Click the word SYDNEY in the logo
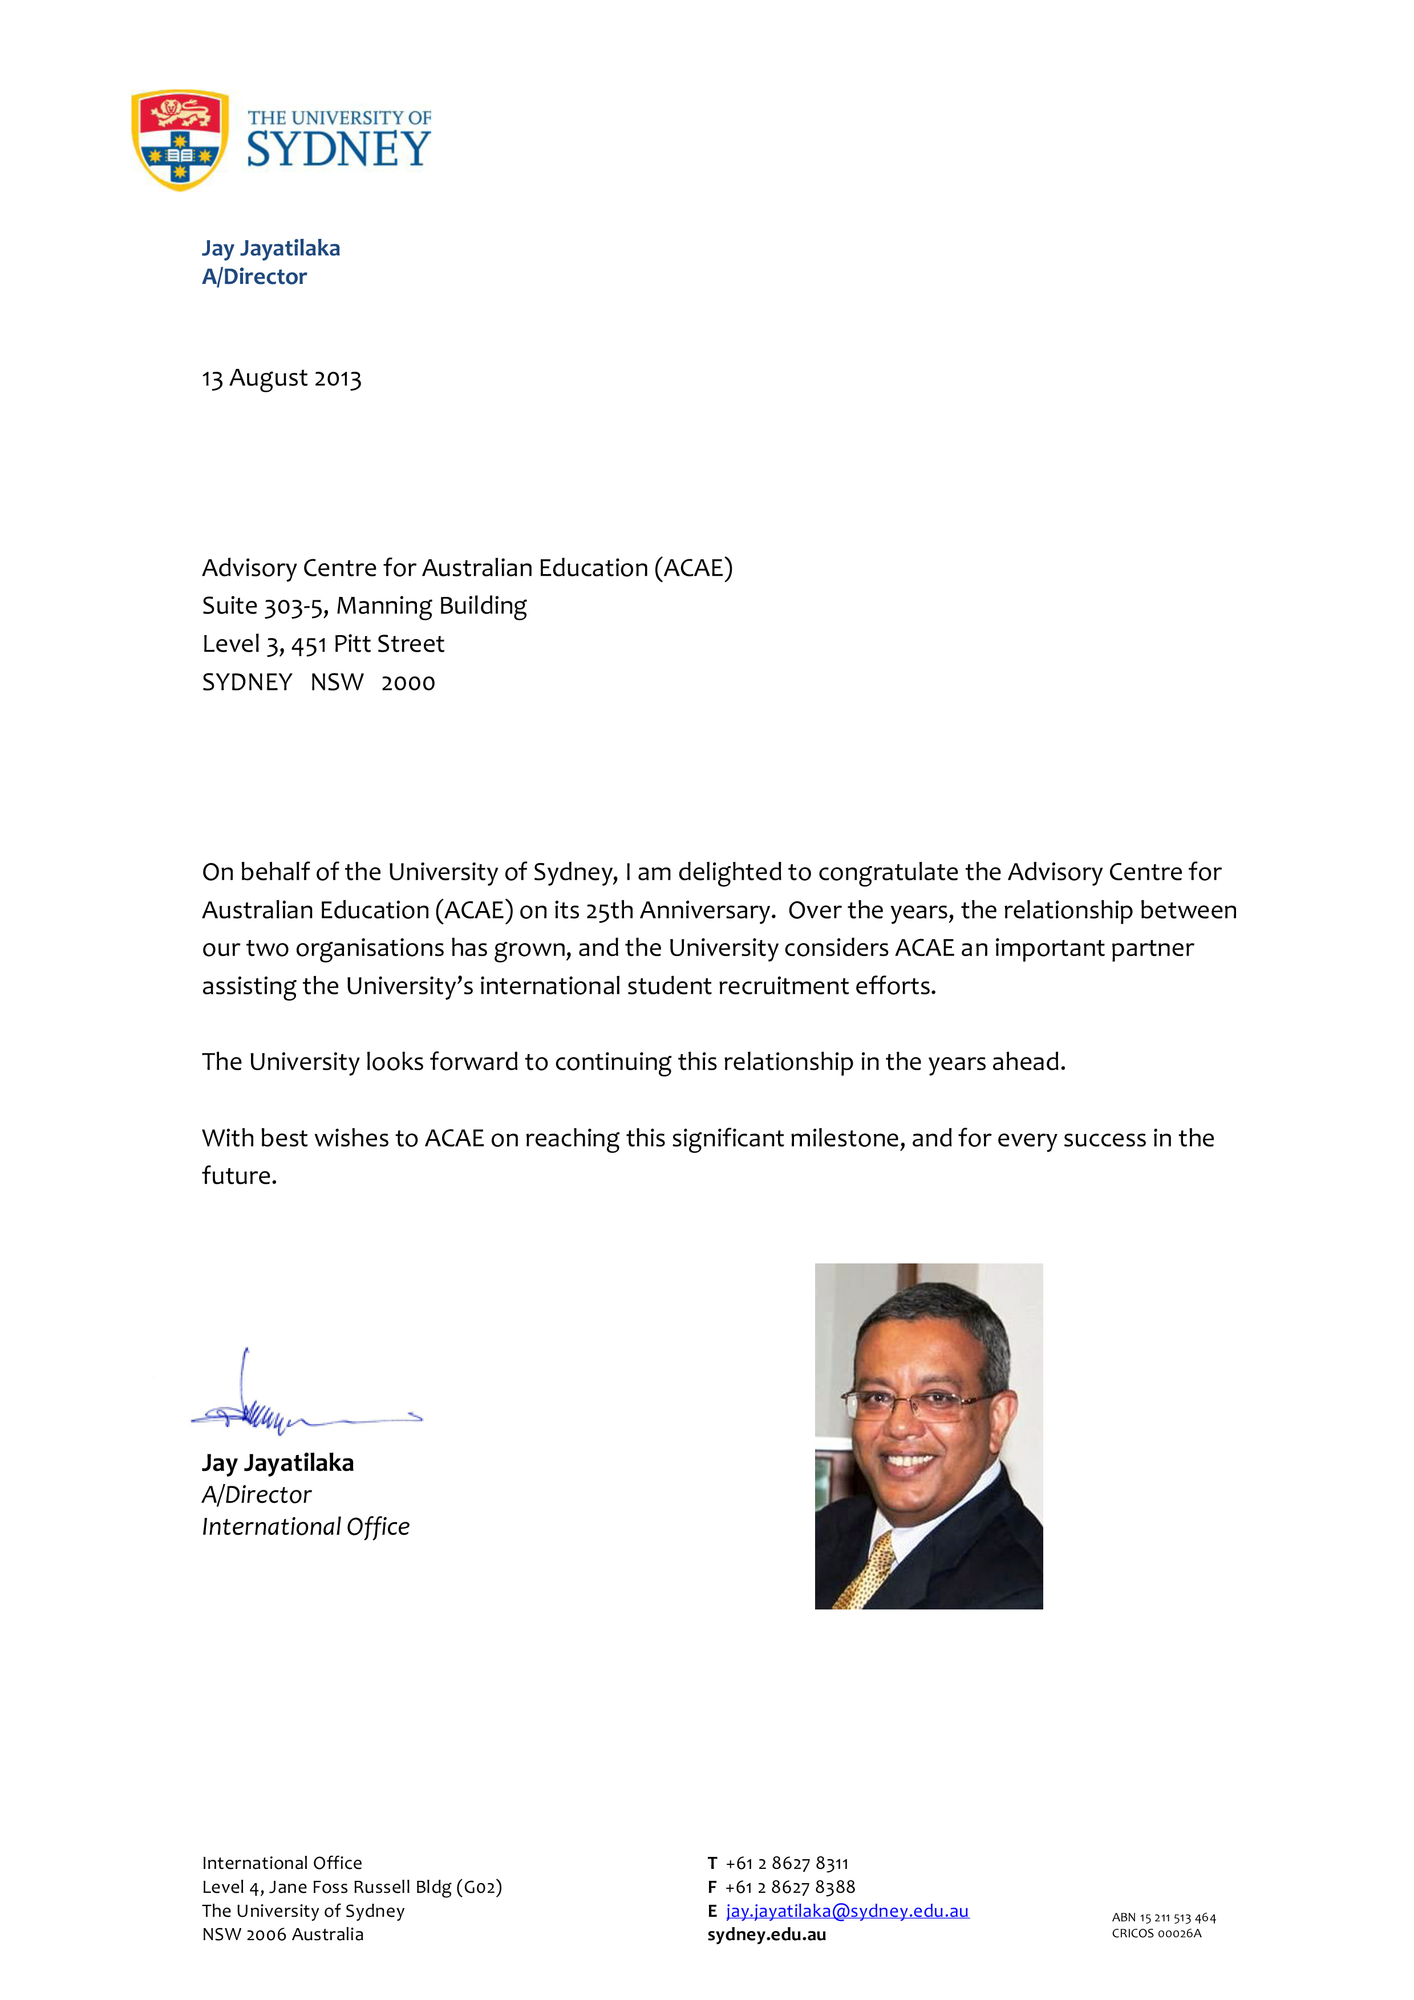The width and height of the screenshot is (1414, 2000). pos(339,150)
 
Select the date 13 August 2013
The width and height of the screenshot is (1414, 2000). pos(281,378)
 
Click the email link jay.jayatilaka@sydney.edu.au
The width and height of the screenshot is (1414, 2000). pos(847,1910)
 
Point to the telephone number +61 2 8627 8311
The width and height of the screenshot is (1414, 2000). pos(787,1863)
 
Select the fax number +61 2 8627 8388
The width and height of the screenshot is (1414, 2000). pos(789,1886)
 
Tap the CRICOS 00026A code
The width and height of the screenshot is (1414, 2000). pos(1156,1933)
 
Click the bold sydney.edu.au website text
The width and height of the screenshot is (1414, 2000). pos(767,1934)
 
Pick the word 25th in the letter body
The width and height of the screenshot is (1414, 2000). pos(609,910)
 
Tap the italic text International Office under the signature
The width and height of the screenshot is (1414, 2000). pos(306,1527)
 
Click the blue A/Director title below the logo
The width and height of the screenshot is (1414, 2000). pos(254,277)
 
